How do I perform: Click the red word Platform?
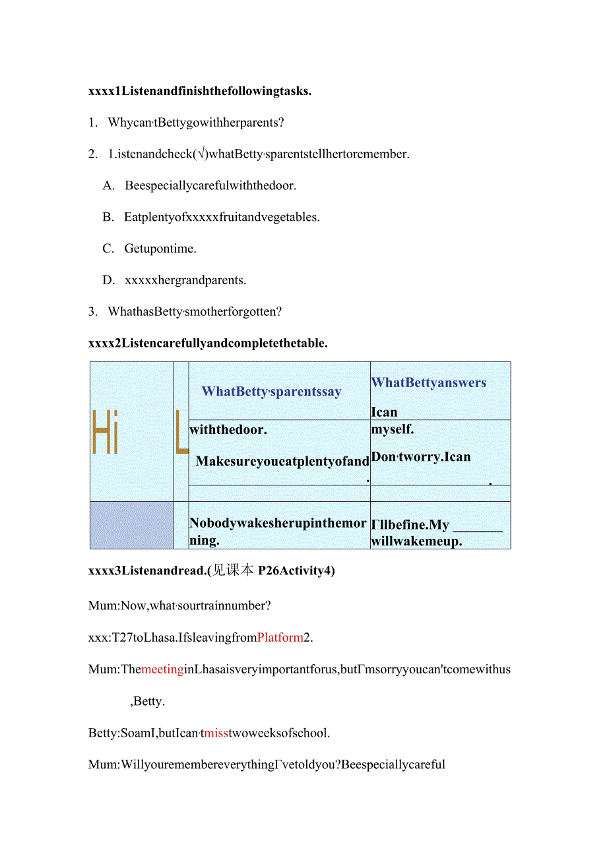coord(280,638)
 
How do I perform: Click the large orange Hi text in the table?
coord(106,432)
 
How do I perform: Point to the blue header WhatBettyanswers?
coord(429,383)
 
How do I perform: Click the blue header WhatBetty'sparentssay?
coord(271,391)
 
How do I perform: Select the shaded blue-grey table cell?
coord(131,525)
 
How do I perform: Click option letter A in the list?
coord(109,186)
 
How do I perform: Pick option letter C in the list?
coord(109,249)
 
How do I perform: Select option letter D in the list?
coord(109,280)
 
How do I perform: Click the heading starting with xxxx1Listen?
coord(199,91)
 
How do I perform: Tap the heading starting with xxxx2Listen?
coord(208,343)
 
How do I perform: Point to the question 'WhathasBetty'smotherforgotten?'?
coord(195,311)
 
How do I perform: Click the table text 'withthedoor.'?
coord(228,429)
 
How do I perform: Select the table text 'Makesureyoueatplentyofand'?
coord(282,461)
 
